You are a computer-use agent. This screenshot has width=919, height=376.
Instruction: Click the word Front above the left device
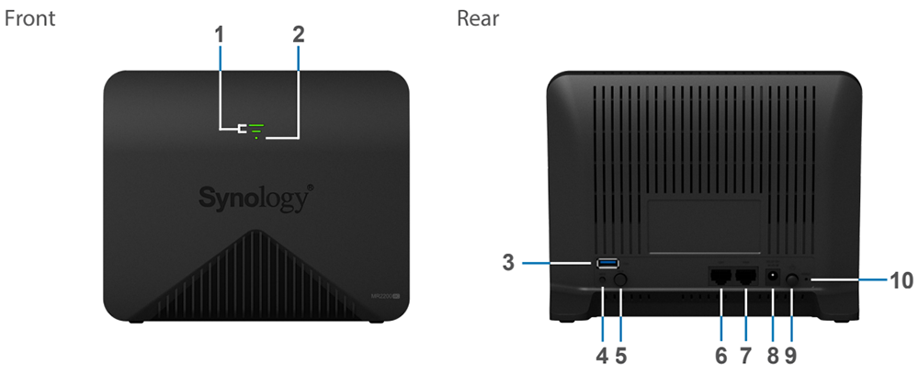coord(30,18)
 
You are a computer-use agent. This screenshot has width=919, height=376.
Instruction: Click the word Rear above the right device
coord(478,18)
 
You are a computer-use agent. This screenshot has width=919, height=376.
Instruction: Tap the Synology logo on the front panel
coord(256,198)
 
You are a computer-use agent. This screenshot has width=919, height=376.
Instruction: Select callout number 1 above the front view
coord(220,35)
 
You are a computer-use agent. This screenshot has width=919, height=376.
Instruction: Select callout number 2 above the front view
coord(298,35)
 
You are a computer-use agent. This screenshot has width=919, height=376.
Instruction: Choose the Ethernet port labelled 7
coord(744,276)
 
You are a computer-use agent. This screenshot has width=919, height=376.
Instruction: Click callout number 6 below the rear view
coord(720,353)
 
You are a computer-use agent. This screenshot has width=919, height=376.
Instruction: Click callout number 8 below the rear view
coord(773,353)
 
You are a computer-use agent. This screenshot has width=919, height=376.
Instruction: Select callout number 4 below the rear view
coord(601,353)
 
